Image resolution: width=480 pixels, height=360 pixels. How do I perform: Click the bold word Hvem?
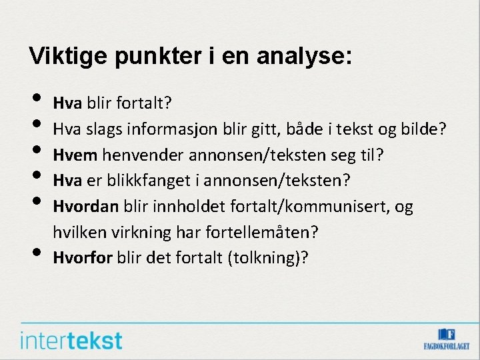(75, 155)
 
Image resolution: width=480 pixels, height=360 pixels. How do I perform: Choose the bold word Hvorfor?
(83, 257)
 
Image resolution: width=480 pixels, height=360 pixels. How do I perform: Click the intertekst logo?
(71, 340)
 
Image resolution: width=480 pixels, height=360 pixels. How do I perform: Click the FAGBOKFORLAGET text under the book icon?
(447, 346)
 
